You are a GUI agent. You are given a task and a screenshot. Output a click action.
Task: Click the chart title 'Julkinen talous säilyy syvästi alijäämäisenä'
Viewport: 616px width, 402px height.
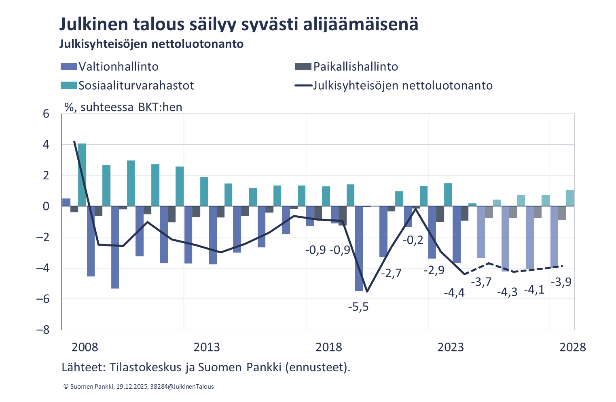coord(239,24)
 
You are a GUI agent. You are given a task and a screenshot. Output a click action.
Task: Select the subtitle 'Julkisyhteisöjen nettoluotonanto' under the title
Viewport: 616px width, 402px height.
coord(151,44)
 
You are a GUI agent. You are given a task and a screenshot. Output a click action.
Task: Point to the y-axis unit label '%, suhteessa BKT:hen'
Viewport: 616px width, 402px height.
coord(123,107)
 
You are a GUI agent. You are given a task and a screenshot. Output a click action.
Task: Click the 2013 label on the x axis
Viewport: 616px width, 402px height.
coord(206,347)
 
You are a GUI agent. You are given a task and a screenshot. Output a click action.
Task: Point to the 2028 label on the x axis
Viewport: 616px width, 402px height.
coord(572,347)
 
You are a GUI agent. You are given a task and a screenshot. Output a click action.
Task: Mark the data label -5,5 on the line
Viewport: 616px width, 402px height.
coord(358,307)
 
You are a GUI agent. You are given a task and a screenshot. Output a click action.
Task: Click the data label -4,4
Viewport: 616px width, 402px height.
coord(454,293)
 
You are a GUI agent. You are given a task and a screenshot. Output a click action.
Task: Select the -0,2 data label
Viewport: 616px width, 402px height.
coord(413,240)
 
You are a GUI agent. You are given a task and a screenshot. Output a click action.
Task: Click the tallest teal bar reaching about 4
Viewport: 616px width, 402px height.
coord(82,175)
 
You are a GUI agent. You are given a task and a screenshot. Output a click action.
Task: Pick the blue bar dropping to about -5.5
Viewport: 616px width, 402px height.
coord(359,248)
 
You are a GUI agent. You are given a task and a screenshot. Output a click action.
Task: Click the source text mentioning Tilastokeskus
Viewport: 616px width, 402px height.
coord(205,367)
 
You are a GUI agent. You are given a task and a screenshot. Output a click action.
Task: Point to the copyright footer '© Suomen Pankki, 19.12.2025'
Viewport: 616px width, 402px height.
coord(139,387)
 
